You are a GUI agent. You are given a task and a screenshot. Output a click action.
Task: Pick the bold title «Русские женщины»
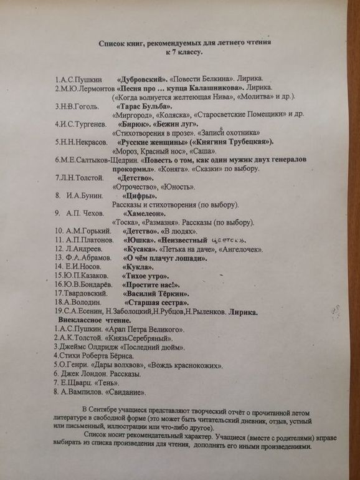click(153, 142)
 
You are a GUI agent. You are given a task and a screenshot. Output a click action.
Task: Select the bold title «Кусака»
click(140, 249)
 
